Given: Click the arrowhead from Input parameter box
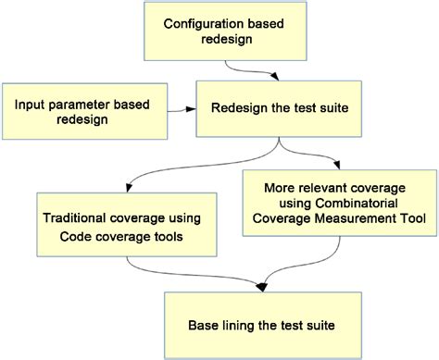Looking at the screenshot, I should [x=190, y=110].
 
